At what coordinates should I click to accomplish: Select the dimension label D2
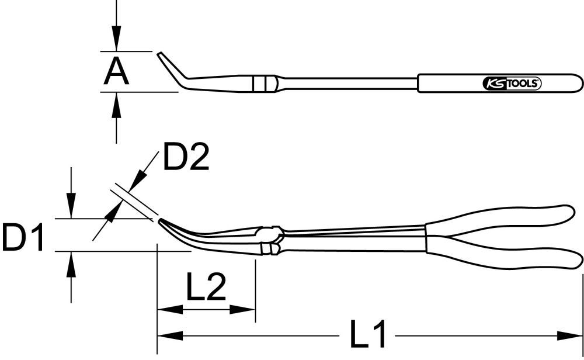[x=186, y=158]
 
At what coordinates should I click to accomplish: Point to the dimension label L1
[x=368, y=335]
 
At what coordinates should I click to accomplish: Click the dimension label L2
[x=206, y=287]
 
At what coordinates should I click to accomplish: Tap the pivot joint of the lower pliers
[x=272, y=237]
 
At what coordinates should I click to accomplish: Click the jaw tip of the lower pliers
[x=161, y=221]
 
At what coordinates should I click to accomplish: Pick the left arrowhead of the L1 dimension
[x=169, y=336]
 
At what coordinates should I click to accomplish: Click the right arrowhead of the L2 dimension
[x=245, y=309]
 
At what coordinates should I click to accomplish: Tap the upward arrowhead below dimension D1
[x=71, y=264]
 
